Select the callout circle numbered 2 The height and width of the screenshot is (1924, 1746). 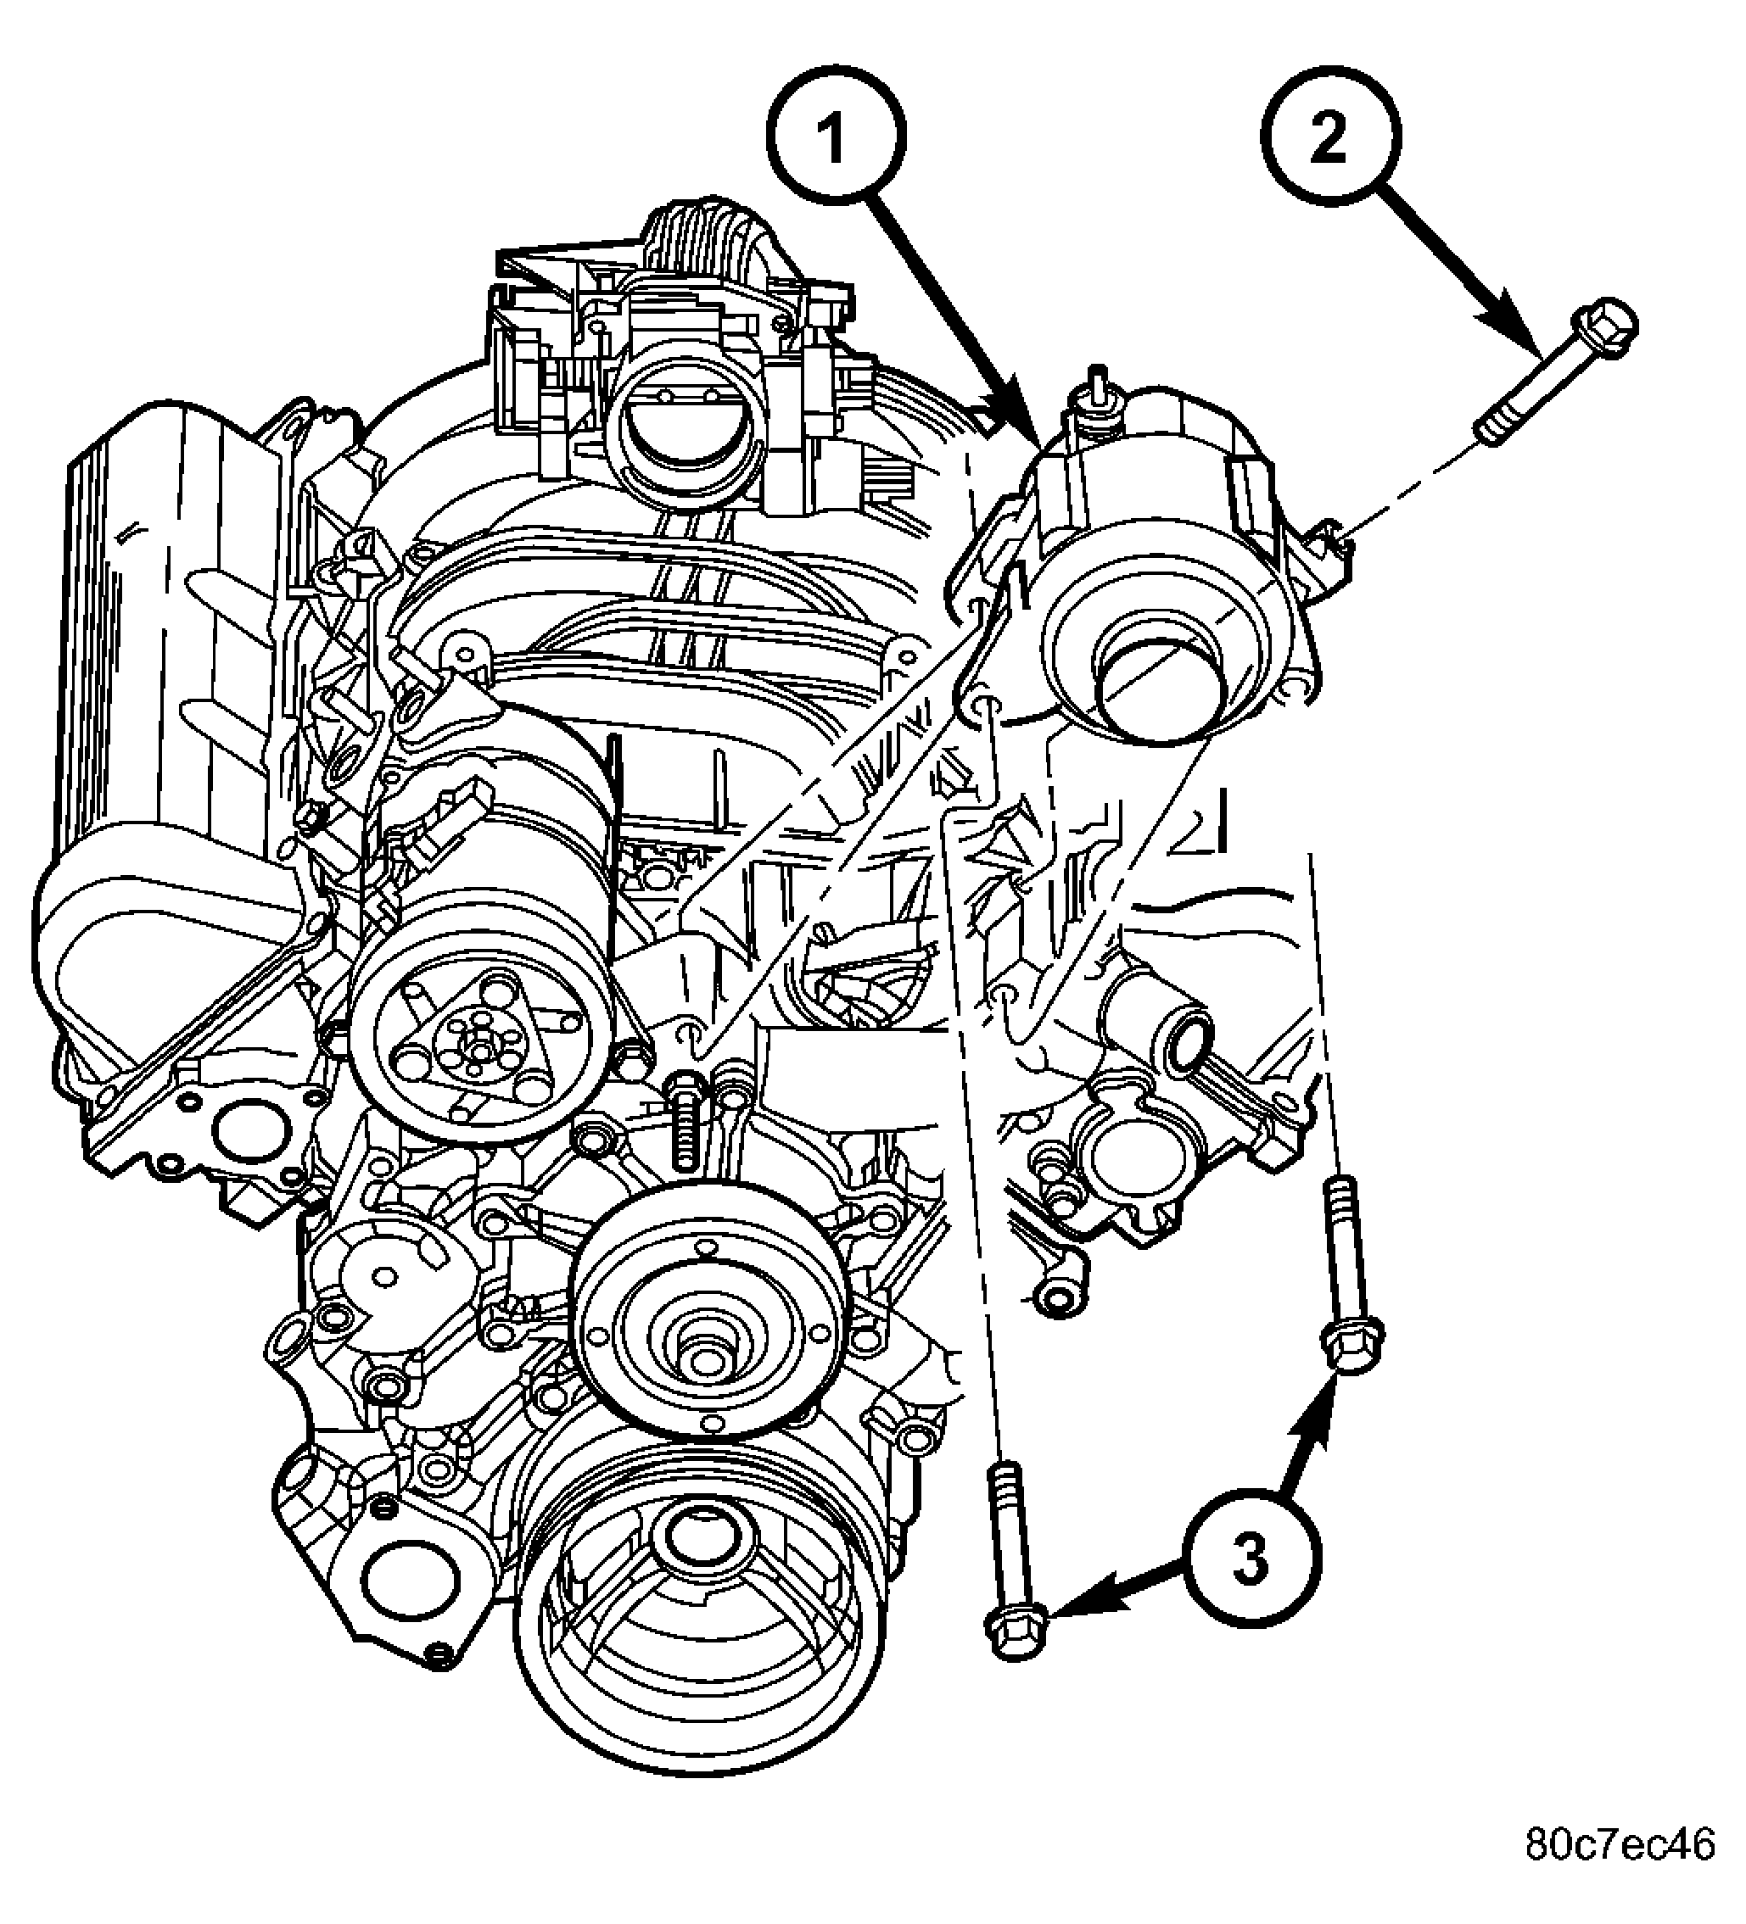[x=1329, y=138]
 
